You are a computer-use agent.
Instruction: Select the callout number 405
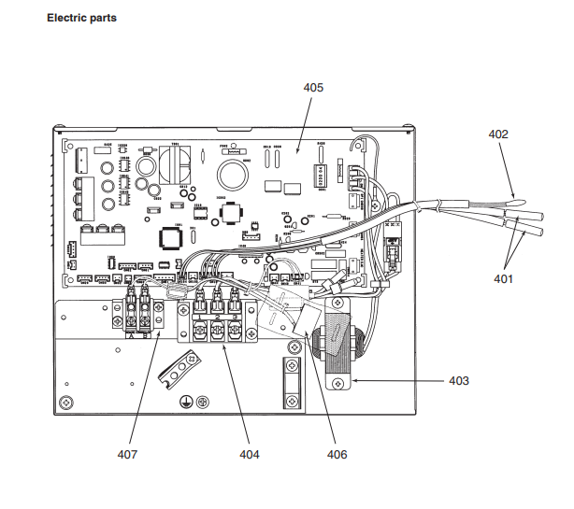tap(313, 87)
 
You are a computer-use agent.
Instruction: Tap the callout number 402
tap(498, 134)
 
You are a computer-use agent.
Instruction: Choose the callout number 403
tap(458, 381)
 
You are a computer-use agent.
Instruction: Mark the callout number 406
tap(337, 455)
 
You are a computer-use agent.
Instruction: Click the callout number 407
tap(128, 455)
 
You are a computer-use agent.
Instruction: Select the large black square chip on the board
tap(169, 238)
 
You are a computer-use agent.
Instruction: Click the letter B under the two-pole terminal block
tap(145, 333)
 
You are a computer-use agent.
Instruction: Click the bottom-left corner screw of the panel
tap(66, 402)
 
